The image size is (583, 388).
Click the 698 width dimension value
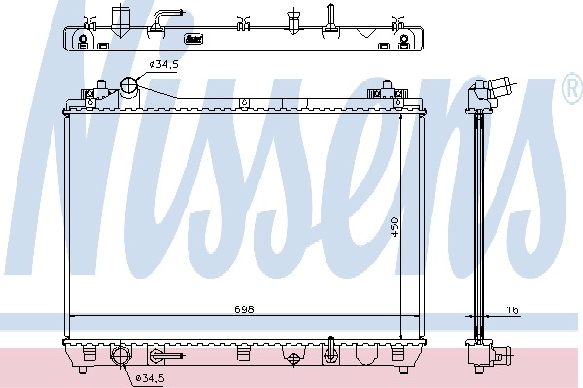point(244,308)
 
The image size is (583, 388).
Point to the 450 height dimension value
point(394,227)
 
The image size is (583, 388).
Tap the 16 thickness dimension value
point(512,309)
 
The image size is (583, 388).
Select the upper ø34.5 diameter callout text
point(163,64)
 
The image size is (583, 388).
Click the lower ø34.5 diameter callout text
point(150,378)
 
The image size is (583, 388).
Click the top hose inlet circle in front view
point(128,85)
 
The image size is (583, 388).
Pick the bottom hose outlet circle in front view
point(120,355)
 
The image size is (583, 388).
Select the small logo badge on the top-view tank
point(193,38)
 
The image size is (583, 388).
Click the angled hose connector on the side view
point(499,87)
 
